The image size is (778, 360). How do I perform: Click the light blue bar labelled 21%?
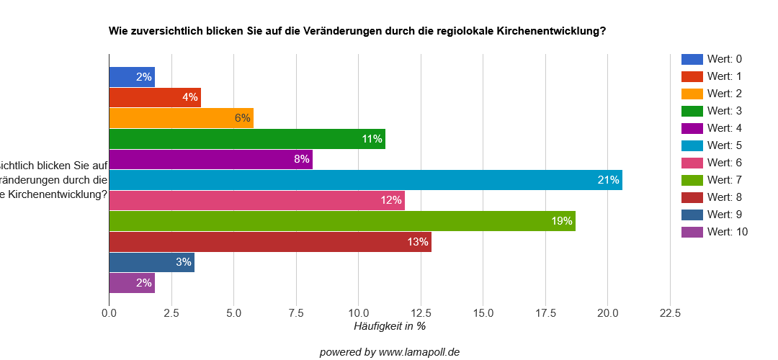[365, 180]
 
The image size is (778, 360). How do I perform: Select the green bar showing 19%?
[342, 221]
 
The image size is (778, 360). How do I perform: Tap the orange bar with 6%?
[181, 118]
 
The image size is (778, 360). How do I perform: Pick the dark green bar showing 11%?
[247, 139]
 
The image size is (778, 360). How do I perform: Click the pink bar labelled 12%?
[256, 200]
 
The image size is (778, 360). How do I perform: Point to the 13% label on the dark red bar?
[418, 242]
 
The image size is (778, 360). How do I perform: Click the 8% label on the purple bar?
[301, 159]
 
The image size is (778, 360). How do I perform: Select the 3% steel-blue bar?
[151, 262]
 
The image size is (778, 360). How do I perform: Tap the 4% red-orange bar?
[155, 97]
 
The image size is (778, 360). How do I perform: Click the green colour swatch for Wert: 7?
[692, 180]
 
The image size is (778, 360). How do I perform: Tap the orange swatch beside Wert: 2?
[692, 94]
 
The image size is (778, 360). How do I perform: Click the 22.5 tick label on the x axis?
[670, 313]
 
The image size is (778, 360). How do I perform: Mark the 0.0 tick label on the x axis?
[109, 313]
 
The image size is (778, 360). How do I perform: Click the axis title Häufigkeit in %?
[389, 326]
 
